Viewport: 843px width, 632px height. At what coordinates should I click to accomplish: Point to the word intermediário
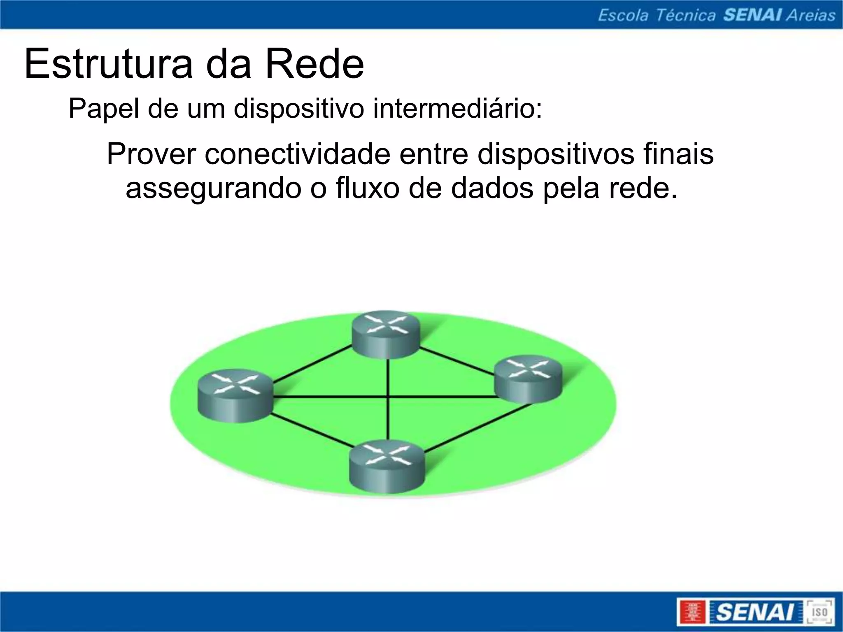(457, 109)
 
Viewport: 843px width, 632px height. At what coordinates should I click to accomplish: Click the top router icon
(386, 334)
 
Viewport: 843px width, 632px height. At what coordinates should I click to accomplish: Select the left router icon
(235, 395)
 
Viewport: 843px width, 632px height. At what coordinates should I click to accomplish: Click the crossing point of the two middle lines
(388, 397)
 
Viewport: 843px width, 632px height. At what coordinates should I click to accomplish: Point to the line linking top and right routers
(457, 360)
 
